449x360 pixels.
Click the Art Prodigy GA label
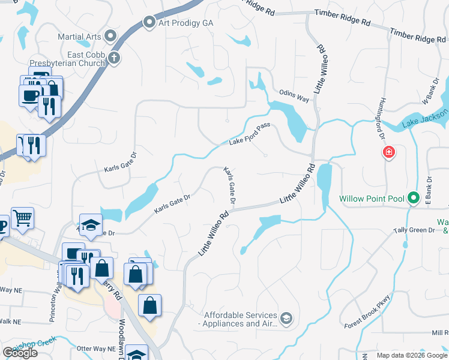point(185,23)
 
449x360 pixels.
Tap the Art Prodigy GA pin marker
point(149,23)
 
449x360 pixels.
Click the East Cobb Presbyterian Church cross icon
point(114,58)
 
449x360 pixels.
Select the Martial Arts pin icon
point(110,37)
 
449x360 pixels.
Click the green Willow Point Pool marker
point(413,198)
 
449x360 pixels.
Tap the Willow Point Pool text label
point(372,199)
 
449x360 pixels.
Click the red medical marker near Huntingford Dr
point(389,152)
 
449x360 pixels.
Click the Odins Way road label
point(294,94)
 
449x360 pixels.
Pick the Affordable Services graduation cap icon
point(286,319)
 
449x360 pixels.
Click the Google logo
point(20,353)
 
